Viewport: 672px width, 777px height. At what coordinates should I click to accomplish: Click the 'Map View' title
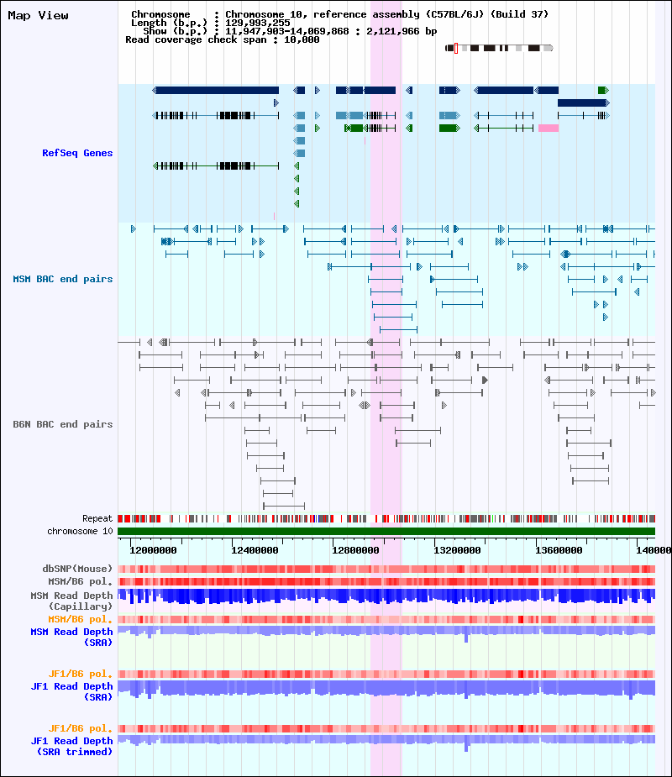coord(38,15)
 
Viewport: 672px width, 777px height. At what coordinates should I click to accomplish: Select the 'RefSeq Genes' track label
coord(77,153)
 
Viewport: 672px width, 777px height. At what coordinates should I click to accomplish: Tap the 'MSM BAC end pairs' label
coord(63,279)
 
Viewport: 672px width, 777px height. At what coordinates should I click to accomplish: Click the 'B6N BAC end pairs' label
coord(63,424)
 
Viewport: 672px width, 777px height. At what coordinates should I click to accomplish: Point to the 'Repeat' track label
coord(97,518)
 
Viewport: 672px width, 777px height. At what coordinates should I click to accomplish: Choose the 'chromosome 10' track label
coord(81,531)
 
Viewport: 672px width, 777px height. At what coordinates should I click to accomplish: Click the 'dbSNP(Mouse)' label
coord(78,569)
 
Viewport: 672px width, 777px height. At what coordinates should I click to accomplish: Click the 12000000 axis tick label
coord(153,550)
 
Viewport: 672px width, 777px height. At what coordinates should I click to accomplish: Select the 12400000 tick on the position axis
coord(255,550)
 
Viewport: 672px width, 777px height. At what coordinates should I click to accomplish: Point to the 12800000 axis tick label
coord(355,550)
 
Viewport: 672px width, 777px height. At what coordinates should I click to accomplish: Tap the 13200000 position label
coord(457,550)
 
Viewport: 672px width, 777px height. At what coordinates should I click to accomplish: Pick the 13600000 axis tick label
coord(559,550)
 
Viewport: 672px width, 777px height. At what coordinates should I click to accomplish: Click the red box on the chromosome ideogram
coord(456,48)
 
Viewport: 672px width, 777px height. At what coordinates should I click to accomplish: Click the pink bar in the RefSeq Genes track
coord(549,129)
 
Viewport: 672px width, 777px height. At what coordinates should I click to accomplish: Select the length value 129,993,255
coord(258,23)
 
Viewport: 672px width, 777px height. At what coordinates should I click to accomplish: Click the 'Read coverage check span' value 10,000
coord(302,39)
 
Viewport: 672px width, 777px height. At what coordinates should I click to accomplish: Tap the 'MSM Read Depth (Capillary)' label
coord(72,601)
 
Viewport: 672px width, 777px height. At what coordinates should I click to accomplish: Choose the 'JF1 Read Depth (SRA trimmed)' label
coord(72,746)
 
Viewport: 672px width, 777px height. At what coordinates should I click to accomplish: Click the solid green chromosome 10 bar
coord(386,531)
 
